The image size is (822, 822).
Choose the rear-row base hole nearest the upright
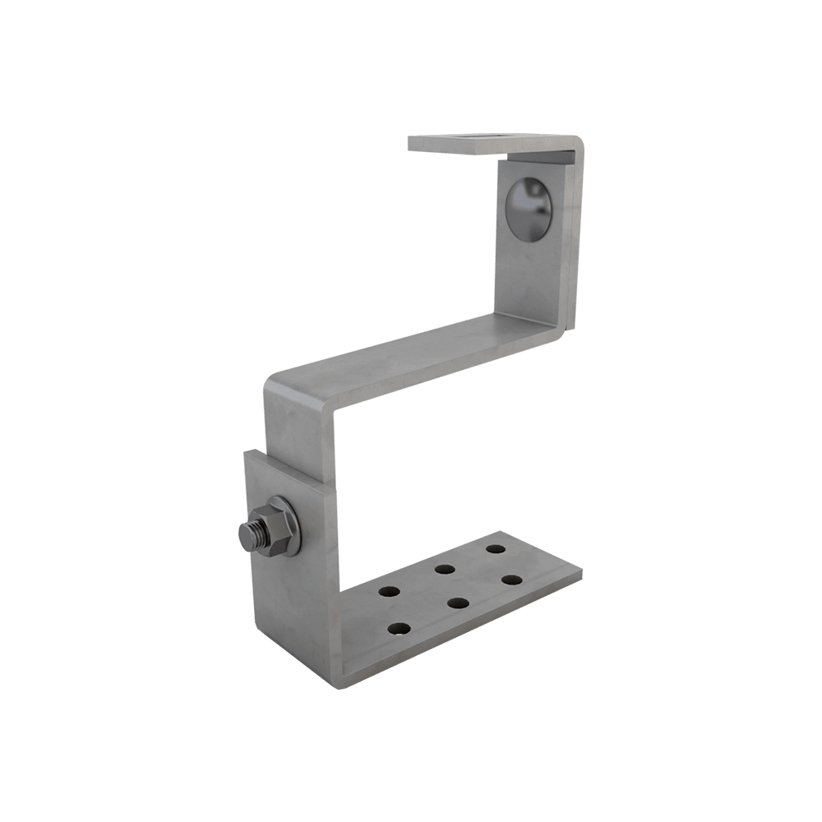click(x=388, y=590)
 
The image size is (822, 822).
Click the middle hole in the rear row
click(x=446, y=568)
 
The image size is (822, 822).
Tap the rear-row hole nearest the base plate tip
click(x=495, y=548)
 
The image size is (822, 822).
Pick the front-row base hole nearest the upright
click(x=399, y=629)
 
